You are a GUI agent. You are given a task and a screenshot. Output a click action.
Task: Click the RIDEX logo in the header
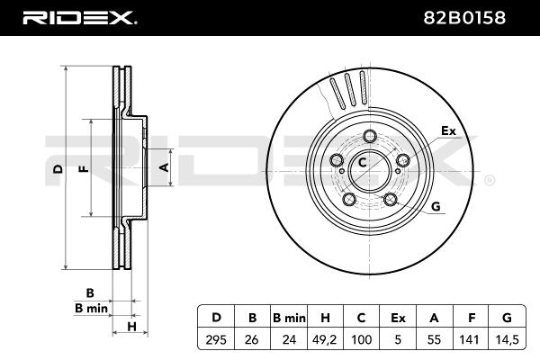(x=79, y=16)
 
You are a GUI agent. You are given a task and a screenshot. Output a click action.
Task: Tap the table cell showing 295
(x=216, y=340)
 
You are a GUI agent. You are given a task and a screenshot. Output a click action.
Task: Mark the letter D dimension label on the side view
(x=57, y=168)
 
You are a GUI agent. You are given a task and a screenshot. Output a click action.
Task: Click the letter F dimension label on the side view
(x=83, y=168)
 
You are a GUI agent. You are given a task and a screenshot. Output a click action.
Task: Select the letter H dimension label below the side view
(x=130, y=325)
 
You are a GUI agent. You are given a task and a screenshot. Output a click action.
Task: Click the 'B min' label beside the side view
(x=91, y=308)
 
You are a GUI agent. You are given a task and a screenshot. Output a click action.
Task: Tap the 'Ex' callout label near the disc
(x=448, y=131)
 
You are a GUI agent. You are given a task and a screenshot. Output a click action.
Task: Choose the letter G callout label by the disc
(x=436, y=206)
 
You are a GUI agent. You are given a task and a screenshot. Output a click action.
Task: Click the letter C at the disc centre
(x=363, y=163)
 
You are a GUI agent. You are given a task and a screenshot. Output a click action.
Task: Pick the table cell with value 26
(x=253, y=340)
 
